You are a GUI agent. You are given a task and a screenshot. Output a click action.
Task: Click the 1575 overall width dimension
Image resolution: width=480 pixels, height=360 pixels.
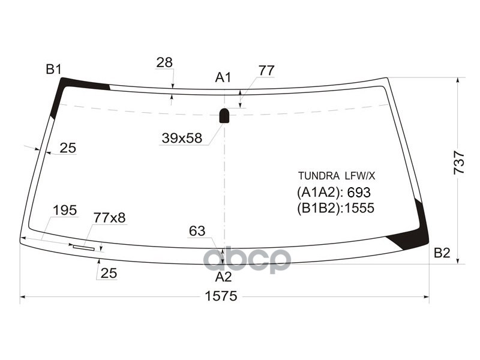[x=221, y=296]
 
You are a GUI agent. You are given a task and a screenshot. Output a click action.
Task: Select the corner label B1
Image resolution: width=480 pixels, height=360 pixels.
[x=54, y=70]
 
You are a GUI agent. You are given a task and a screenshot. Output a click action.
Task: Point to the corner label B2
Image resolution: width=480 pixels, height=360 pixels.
[x=442, y=253]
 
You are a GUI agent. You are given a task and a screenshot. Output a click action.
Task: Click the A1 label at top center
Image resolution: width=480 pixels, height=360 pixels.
[x=223, y=77]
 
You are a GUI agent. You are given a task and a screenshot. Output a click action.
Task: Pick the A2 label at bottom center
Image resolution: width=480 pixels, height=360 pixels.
[x=223, y=277]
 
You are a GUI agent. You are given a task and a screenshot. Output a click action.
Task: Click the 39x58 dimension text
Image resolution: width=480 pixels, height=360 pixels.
[x=181, y=139]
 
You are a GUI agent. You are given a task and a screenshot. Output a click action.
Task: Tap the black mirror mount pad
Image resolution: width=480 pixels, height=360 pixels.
[x=224, y=115]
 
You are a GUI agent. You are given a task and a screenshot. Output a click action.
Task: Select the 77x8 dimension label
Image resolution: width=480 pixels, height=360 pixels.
[x=109, y=218]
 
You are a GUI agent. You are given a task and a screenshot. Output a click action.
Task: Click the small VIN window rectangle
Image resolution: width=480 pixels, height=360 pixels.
[x=84, y=247]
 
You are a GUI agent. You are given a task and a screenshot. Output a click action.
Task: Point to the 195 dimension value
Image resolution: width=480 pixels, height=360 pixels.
[x=65, y=210]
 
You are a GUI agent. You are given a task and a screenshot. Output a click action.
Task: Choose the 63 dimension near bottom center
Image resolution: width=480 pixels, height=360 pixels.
[x=197, y=231]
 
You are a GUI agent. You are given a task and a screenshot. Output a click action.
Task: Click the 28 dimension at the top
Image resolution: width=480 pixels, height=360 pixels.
[x=164, y=62]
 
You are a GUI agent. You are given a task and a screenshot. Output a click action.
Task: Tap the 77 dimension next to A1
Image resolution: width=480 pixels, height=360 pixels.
[x=266, y=70]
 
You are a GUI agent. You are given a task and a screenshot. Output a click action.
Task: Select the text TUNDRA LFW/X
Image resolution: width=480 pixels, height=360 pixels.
[x=336, y=176]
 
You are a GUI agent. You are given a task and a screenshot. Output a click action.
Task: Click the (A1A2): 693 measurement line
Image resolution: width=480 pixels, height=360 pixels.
[x=334, y=193]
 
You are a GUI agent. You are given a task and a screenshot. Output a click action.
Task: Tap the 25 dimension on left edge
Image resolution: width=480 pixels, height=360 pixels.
[x=68, y=148]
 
